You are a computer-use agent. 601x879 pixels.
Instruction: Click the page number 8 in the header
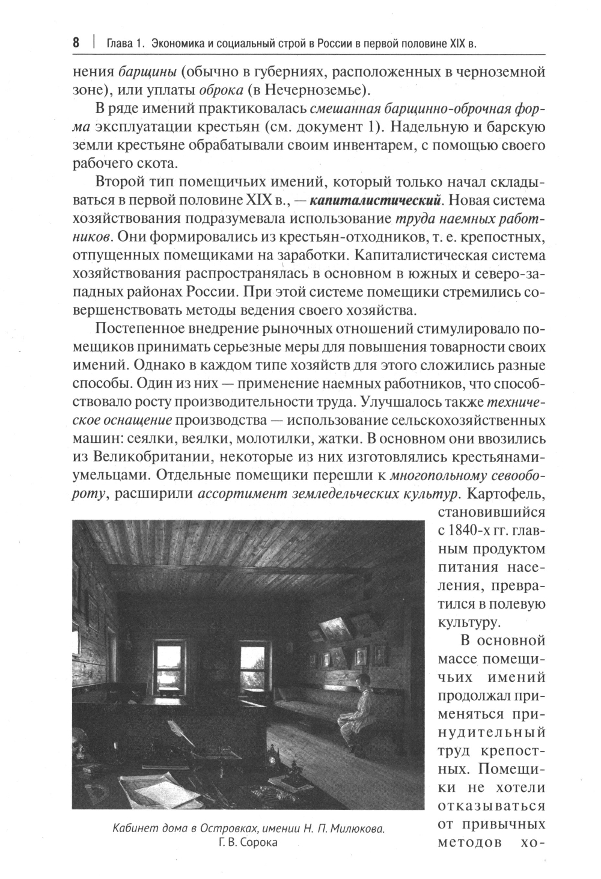pos(76,43)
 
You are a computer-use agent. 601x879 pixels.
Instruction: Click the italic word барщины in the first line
pos(147,73)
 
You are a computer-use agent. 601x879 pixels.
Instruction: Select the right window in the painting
pos(253,669)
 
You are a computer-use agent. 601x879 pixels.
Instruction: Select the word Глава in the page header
pos(120,43)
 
